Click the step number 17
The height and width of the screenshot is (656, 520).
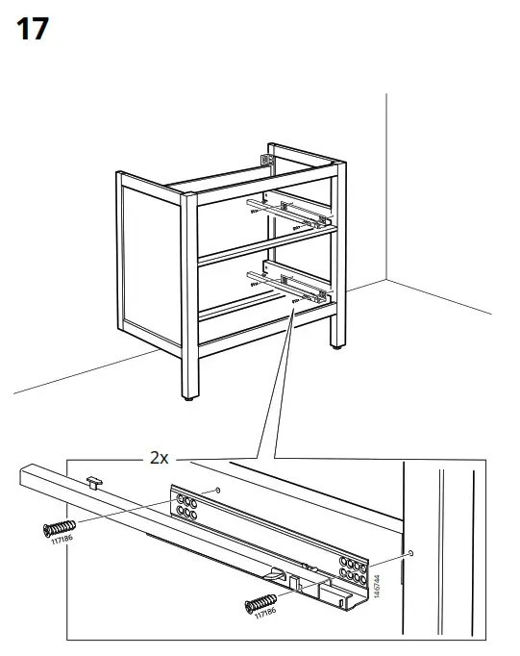(33, 29)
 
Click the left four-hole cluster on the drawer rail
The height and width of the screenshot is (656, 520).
(186, 507)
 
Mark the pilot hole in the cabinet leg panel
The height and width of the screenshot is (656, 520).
(411, 554)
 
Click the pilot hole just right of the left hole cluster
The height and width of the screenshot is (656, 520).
(219, 492)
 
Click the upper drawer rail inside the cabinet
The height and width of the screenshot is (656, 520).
(288, 211)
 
